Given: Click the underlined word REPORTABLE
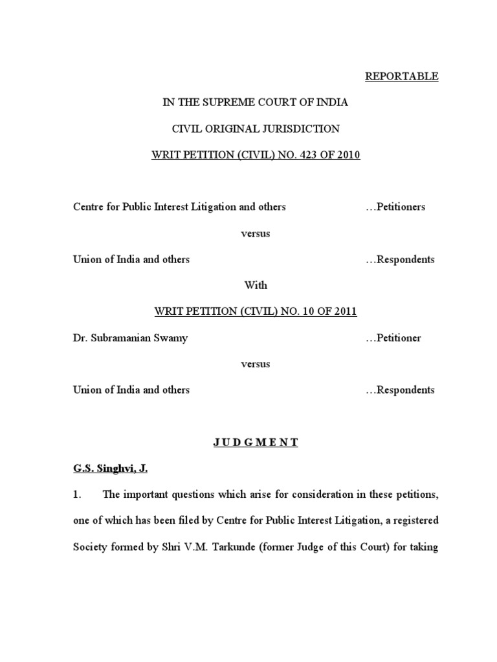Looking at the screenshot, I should (401, 76).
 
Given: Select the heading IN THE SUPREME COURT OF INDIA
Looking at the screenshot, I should (255, 103).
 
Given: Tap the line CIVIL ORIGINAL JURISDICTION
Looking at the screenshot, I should (255, 129).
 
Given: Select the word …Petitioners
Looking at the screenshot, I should (395, 207).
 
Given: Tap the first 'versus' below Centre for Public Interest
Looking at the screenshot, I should (255, 233).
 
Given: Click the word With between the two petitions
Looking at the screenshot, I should (255, 285).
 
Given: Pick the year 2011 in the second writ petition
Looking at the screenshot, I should (344, 312).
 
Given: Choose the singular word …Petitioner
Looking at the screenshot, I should (393, 338).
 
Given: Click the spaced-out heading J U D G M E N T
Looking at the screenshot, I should (255, 442).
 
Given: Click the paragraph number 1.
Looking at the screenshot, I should (76, 495).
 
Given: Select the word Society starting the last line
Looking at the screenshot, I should (91, 548).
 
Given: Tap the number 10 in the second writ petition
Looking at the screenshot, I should (304, 312).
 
